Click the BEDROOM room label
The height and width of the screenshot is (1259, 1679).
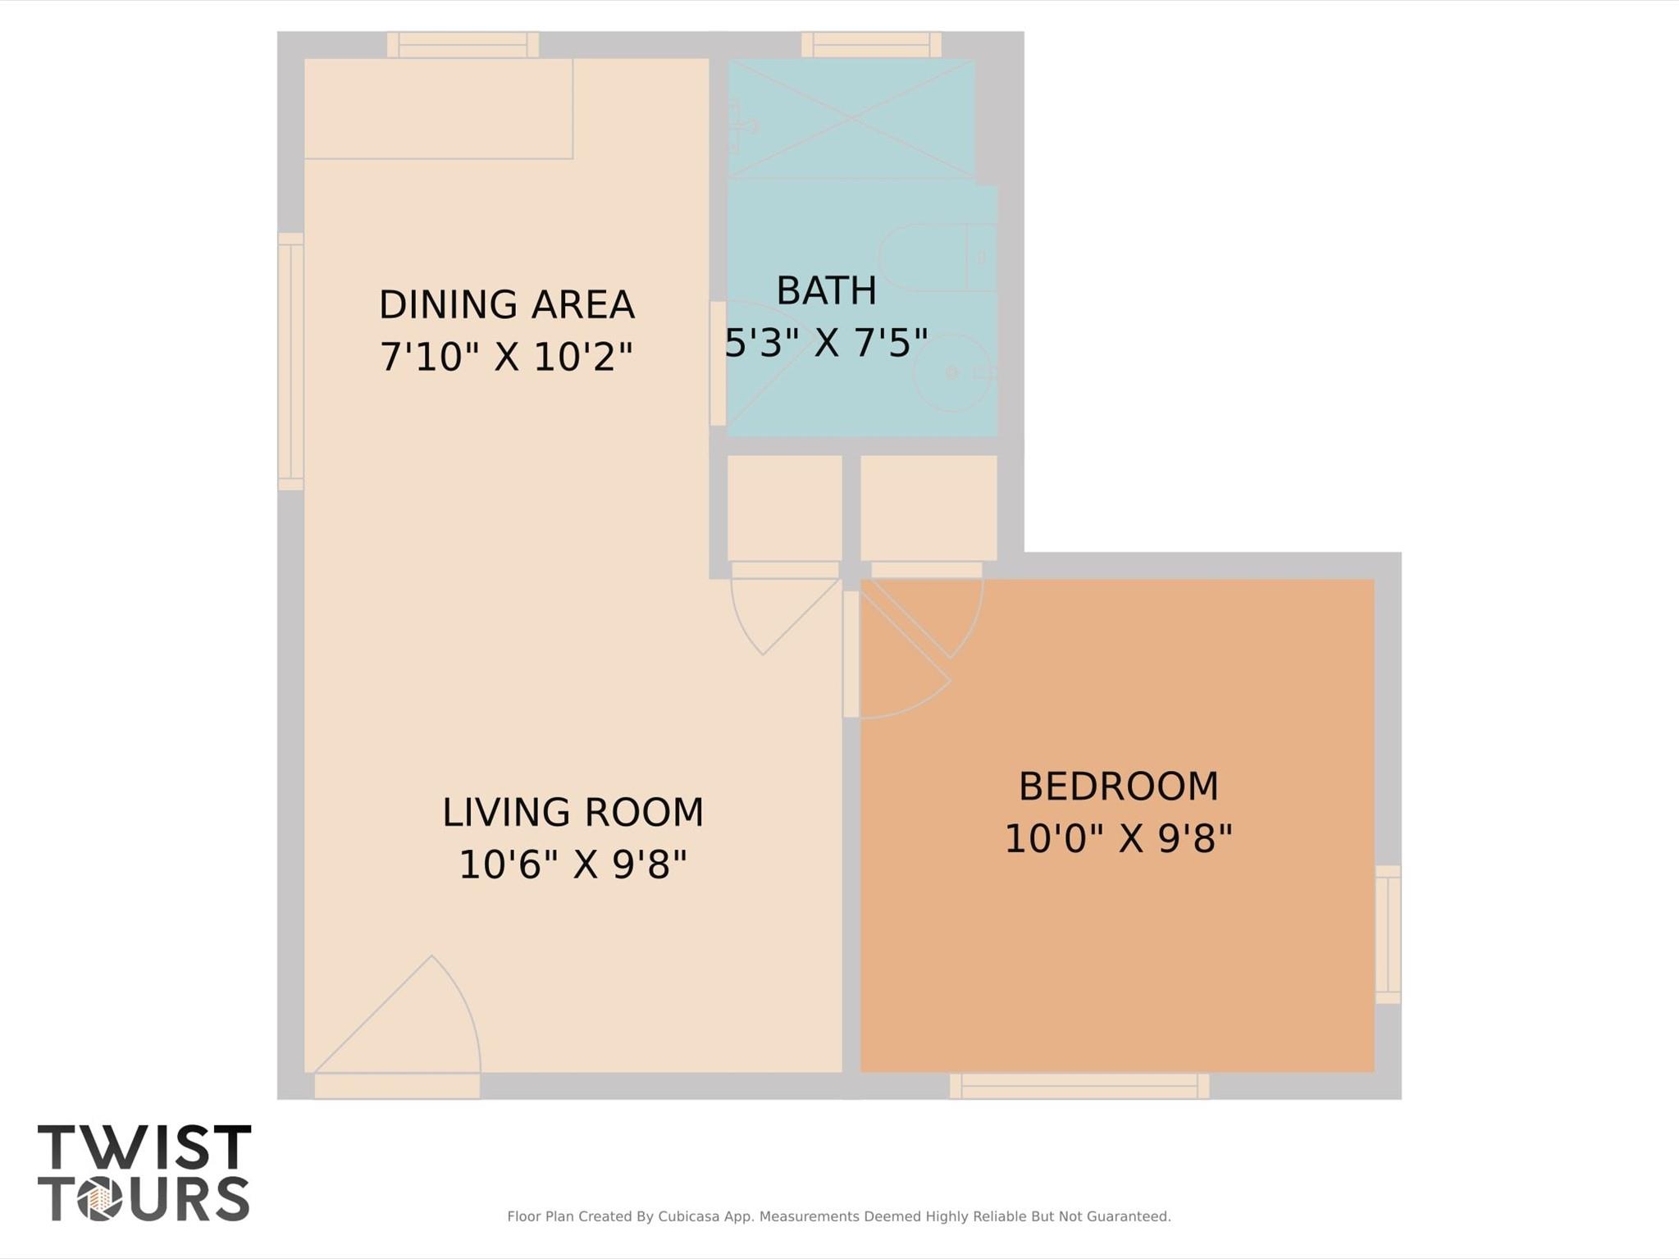point(1118,787)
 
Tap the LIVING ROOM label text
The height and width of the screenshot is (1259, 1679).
point(573,813)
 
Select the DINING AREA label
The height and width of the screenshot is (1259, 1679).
point(506,304)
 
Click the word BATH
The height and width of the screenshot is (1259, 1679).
point(826,291)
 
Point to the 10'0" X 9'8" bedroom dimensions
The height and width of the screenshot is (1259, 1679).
point(1118,839)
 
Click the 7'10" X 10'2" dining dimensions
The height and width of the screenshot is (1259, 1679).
point(506,357)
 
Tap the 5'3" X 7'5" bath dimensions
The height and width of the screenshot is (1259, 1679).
point(826,342)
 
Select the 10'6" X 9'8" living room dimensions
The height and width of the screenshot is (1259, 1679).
point(573,864)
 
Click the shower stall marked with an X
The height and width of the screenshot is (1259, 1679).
point(851,118)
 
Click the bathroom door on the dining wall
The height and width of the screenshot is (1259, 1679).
point(718,363)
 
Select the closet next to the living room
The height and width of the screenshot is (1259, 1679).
point(784,508)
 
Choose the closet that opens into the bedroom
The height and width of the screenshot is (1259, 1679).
point(928,508)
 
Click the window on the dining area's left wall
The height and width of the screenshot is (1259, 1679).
point(290,362)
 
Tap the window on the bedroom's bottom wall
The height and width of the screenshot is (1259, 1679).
point(1079,1086)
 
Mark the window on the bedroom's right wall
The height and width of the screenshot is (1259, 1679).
point(1388,934)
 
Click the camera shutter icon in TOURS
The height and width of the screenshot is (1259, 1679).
point(100,1200)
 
